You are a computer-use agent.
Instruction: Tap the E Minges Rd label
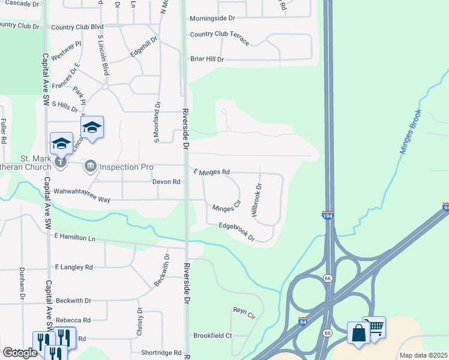211,172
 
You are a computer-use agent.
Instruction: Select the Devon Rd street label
166,181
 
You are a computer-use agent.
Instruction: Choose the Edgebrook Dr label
237,232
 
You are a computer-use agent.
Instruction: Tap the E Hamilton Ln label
74,238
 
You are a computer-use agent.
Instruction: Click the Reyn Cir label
244,313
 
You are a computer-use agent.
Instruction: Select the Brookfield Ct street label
212,335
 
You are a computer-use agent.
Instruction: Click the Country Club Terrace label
219,35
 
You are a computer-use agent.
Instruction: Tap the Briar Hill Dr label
206,59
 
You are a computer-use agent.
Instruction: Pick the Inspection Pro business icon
91,165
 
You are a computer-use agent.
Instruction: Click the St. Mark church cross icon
61,161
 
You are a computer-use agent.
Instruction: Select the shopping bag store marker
358,332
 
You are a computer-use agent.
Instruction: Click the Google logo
20,353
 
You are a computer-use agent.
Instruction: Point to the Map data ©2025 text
423,355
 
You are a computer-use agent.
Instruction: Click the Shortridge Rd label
160,353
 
